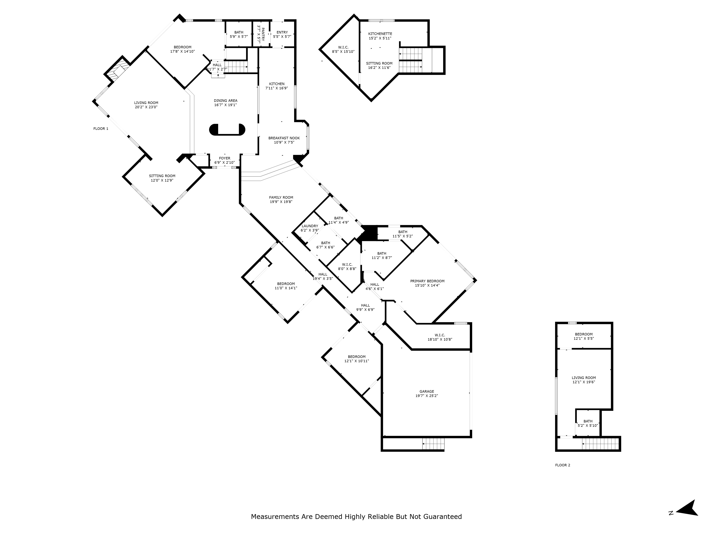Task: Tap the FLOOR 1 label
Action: [x=101, y=129]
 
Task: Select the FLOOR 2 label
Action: [x=563, y=465]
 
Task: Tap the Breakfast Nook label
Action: [x=284, y=138]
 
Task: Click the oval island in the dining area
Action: [x=227, y=130]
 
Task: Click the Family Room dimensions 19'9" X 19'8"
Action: [x=281, y=202]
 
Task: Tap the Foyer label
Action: [x=225, y=158]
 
